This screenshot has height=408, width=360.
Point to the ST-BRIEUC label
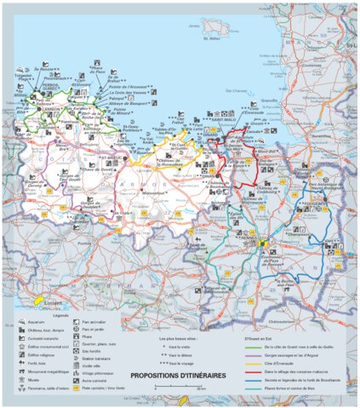coord(110,158)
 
